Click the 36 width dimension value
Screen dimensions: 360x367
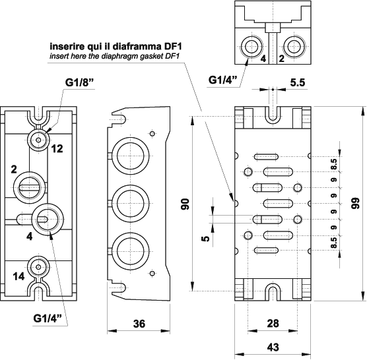(x=139, y=324)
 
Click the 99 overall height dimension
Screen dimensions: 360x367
(x=356, y=206)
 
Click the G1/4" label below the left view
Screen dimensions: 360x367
(x=49, y=318)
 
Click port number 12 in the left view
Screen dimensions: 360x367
(x=57, y=149)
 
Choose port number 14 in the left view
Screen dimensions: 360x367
(x=19, y=277)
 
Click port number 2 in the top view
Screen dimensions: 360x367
(x=281, y=58)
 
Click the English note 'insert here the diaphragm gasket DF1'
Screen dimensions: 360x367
(x=116, y=57)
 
